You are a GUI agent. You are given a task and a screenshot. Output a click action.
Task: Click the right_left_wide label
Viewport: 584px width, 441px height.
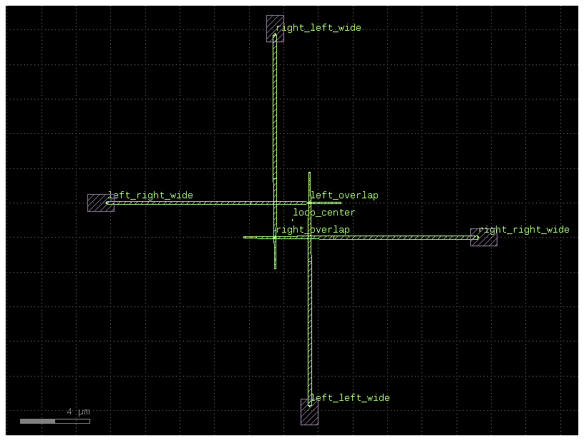[318, 28]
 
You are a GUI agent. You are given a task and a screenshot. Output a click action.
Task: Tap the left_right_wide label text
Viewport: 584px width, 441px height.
[150, 195]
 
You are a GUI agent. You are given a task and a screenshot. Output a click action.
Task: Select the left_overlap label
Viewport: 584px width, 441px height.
[344, 195]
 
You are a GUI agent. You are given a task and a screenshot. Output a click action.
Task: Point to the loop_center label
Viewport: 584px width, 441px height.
[323, 213]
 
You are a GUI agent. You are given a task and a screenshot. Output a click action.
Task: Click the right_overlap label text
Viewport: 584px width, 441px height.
[313, 230]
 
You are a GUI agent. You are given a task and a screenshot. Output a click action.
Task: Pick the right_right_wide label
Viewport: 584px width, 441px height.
[524, 230]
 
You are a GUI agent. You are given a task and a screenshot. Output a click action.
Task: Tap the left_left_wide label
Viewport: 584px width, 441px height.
[350, 397]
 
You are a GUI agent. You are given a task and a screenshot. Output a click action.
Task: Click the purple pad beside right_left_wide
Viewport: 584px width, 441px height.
[275, 29]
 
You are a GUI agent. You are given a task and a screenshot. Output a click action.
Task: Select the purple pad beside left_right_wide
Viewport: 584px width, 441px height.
[100, 203]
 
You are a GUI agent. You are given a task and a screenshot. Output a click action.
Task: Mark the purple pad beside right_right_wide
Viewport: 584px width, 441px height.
[484, 237]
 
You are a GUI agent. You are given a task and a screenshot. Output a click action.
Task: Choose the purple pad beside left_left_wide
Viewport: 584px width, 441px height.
[309, 412]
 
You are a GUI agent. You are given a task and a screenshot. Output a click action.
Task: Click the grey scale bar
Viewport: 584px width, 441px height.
[54, 421]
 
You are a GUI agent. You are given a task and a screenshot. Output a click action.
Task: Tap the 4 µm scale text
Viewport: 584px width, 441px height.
[79, 412]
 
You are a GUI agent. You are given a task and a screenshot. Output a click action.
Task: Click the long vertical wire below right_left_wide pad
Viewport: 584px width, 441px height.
[275, 115]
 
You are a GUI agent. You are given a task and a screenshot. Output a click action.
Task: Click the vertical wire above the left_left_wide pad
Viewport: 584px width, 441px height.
[309, 329]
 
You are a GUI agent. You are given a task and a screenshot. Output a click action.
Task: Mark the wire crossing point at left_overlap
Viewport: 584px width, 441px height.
[309, 203]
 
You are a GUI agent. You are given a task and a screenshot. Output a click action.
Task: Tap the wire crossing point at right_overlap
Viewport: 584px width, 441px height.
[275, 237]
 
